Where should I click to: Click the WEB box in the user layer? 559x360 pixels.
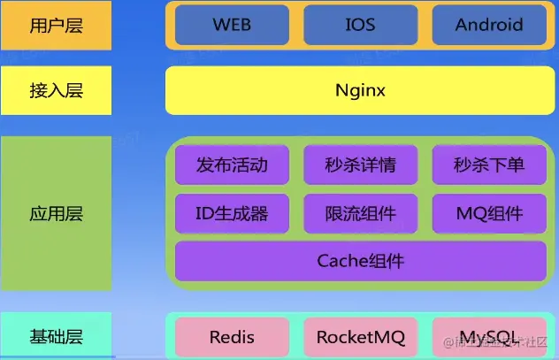232,25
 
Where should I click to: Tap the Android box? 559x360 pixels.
489,25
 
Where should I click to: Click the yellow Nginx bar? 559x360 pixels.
360,90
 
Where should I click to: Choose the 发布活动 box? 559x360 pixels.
232,165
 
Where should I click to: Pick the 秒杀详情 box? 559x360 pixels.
360,165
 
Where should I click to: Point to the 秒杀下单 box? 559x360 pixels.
489,165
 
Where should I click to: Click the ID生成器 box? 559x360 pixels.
232,213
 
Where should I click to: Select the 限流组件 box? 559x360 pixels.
360,213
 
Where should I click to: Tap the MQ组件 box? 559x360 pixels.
489,213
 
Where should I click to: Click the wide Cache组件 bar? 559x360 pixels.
360,261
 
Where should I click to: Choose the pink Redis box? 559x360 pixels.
232,337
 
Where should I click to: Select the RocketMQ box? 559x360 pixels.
360,337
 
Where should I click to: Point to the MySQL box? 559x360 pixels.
489,337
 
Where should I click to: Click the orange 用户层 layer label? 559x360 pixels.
56,25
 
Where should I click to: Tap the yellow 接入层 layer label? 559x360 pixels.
56,90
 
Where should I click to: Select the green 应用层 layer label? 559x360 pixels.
56,214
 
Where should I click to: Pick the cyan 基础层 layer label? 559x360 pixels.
56,336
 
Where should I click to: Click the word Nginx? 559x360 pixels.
360,90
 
